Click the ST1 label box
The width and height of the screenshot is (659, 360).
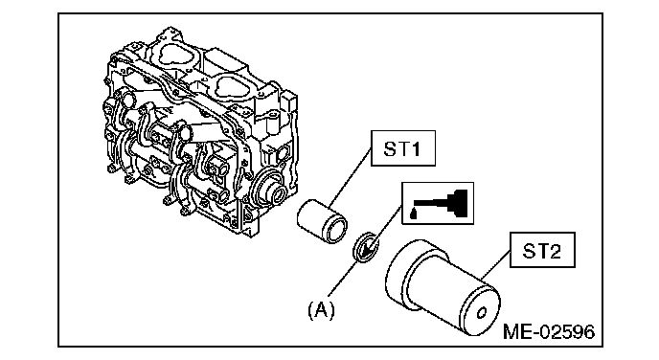coord(403,148)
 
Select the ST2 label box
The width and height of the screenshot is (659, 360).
coord(542,250)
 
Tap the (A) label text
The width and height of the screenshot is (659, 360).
coord(322,310)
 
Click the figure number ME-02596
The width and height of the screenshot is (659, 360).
coord(549,332)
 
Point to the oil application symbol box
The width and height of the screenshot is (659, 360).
coord(438,203)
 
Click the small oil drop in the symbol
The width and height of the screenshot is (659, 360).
coord(413,214)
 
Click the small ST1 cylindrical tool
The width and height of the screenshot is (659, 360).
coord(323,221)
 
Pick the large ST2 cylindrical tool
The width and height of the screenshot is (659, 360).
coord(443,288)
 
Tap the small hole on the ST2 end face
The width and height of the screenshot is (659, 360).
coord(482,313)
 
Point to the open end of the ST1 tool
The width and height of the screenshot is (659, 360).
coord(334,229)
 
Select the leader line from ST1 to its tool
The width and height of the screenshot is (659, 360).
coord(351,178)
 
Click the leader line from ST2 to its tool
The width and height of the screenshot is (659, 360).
coord(496,263)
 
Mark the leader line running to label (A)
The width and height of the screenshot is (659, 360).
coord(343,279)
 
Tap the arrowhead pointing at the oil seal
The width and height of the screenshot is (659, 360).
coord(370,249)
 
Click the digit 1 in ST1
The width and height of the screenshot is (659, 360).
coord(416,148)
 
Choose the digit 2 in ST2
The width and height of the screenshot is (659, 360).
coord(555,251)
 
